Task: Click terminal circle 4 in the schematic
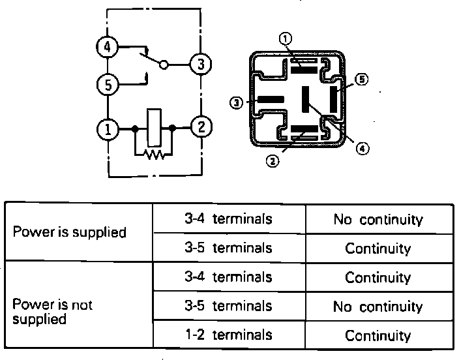(x=106, y=46)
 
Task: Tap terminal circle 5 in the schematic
(x=106, y=84)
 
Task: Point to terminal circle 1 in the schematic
(x=106, y=128)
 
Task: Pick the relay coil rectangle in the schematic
(x=154, y=126)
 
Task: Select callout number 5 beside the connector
(x=362, y=80)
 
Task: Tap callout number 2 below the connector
(x=274, y=158)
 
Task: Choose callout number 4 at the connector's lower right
(x=363, y=149)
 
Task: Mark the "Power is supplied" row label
(x=70, y=233)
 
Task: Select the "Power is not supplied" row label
(x=53, y=312)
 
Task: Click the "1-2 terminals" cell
(x=228, y=335)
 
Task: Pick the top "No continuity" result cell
(x=378, y=220)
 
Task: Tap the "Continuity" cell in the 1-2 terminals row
(x=378, y=336)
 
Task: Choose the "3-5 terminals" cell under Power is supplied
(x=228, y=248)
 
